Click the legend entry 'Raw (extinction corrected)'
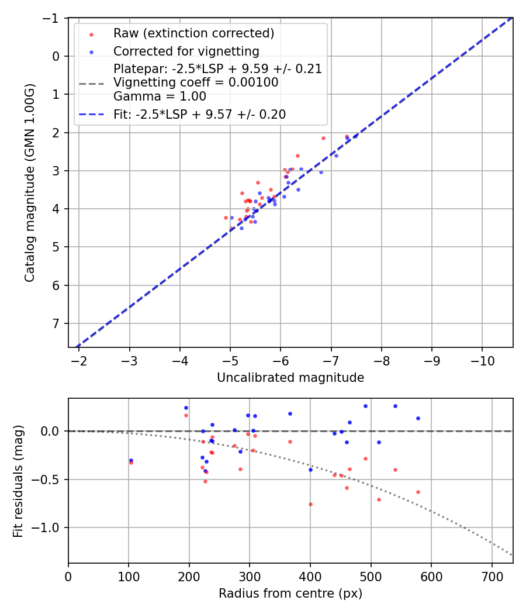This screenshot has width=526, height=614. click(x=193, y=33)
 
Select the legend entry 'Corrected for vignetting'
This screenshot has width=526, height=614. click(x=186, y=51)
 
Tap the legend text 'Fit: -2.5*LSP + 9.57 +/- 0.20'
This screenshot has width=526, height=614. click(x=199, y=115)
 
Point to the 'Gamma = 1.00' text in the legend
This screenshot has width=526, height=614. click(x=160, y=96)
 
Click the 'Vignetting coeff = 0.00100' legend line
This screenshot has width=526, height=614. click(x=196, y=82)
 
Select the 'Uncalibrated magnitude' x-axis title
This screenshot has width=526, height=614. click(x=290, y=378)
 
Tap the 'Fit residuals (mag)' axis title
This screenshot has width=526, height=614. click(x=18, y=481)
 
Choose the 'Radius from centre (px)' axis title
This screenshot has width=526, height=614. click(x=290, y=594)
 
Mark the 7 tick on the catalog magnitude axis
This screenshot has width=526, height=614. click(x=57, y=323)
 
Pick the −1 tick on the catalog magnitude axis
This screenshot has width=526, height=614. click(x=54, y=18)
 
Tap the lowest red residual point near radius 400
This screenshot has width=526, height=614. click(x=310, y=504)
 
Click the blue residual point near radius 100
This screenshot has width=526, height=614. click(x=131, y=460)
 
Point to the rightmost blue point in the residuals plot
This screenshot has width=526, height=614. click(x=418, y=418)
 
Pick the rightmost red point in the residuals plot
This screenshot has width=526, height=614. click(x=418, y=492)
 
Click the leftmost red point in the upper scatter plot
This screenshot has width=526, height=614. click(x=226, y=218)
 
